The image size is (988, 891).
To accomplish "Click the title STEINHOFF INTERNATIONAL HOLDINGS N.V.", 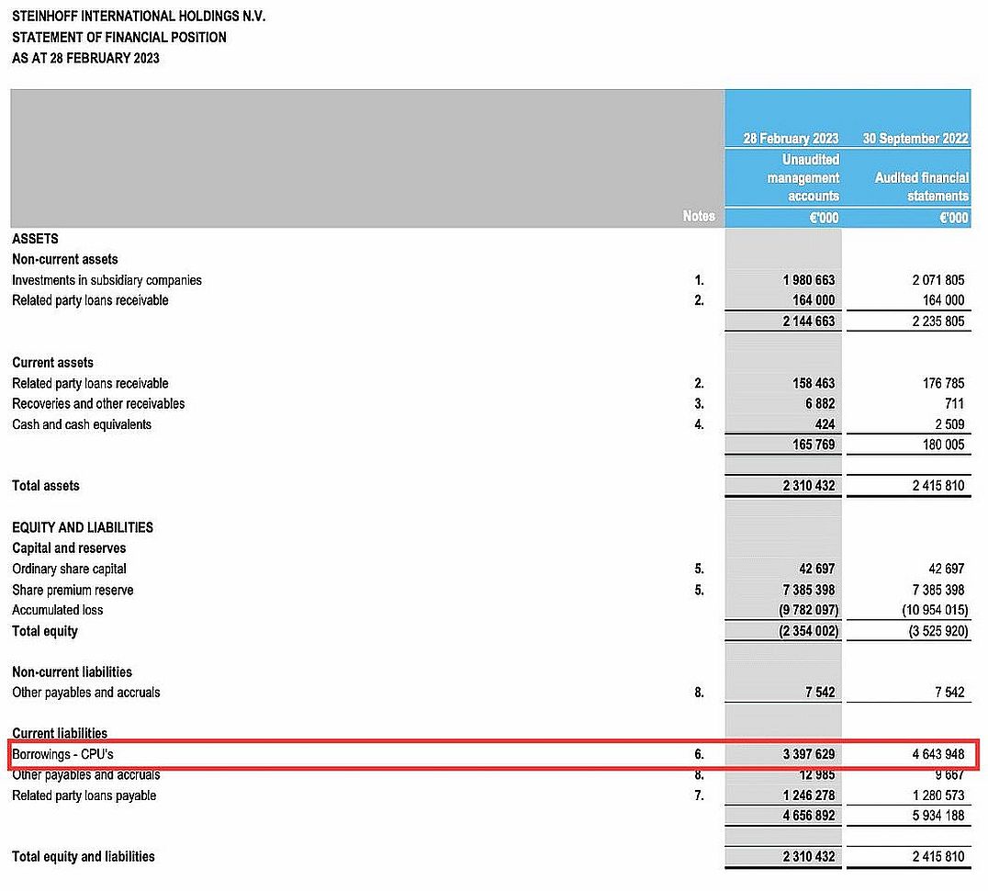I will coord(139,17).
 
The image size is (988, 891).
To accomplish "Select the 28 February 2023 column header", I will coord(791,139).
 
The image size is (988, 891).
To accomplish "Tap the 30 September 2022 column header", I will coord(915,139).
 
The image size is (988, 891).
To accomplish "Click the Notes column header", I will coord(699,217).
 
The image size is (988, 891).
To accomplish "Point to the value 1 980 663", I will coord(809,279).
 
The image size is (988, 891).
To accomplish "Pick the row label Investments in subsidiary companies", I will coord(107,279).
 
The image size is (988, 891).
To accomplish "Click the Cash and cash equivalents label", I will coord(82,424).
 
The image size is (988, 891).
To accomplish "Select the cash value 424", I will coord(824,424).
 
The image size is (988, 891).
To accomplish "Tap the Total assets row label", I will coord(46,485).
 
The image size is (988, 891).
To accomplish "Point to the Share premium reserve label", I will coord(73,590).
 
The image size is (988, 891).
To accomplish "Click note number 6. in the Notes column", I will coord(698,754).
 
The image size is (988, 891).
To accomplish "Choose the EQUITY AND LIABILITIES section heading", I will coord(83,527).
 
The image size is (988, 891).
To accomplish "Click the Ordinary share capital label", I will coord(69,569).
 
